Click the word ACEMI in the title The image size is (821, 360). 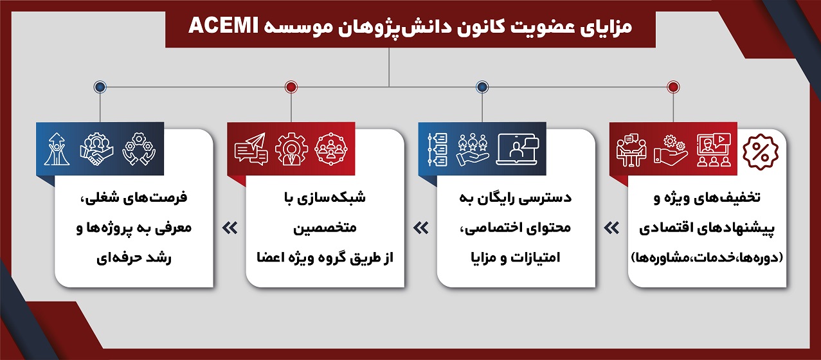224,26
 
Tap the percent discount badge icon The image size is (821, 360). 761,152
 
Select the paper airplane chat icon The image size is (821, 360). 251,149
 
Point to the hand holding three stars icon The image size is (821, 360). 473,150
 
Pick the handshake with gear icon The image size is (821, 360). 96,150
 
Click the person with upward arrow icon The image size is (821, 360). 57,149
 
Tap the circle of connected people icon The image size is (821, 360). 331,149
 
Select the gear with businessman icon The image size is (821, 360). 291,149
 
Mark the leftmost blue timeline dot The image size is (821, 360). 100,87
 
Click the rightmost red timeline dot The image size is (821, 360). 673,87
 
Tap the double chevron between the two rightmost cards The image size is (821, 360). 611,228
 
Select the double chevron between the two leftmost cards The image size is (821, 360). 230,228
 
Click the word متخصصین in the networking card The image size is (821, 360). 325,228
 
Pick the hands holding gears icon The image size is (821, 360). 139,149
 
